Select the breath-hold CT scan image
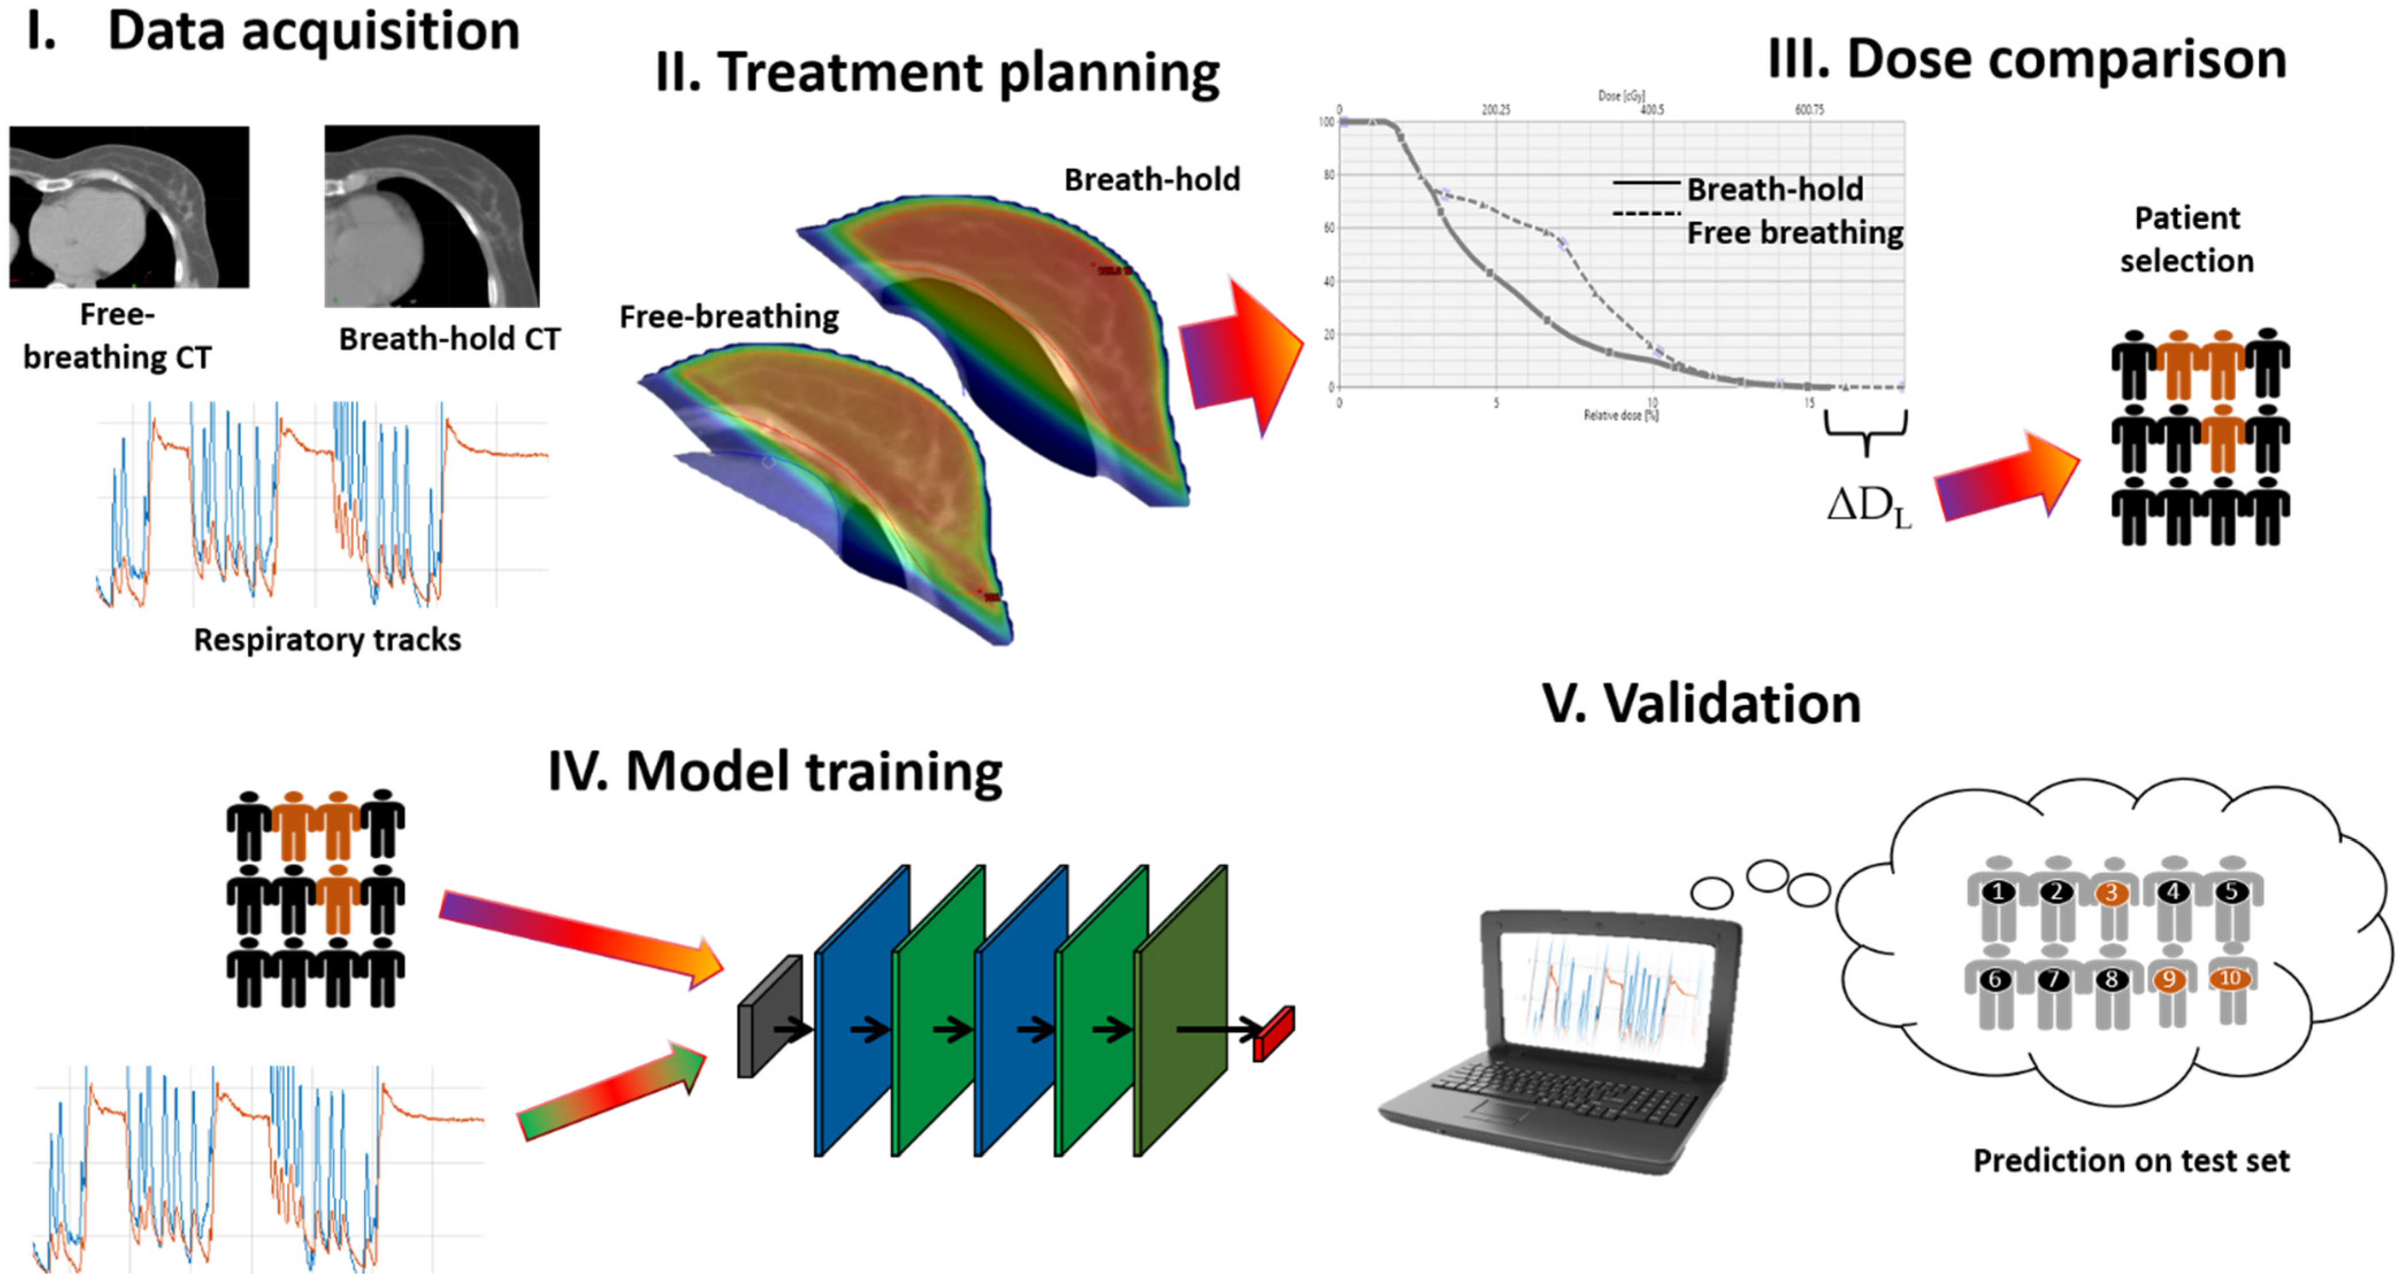tap(431, 216)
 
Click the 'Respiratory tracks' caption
tap(327, 639)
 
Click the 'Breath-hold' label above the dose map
tap(1152, 179)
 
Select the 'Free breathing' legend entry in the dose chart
tap(1794, 232)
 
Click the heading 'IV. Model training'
tap(774, 772)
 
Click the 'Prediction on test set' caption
tap(2131, 1160)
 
